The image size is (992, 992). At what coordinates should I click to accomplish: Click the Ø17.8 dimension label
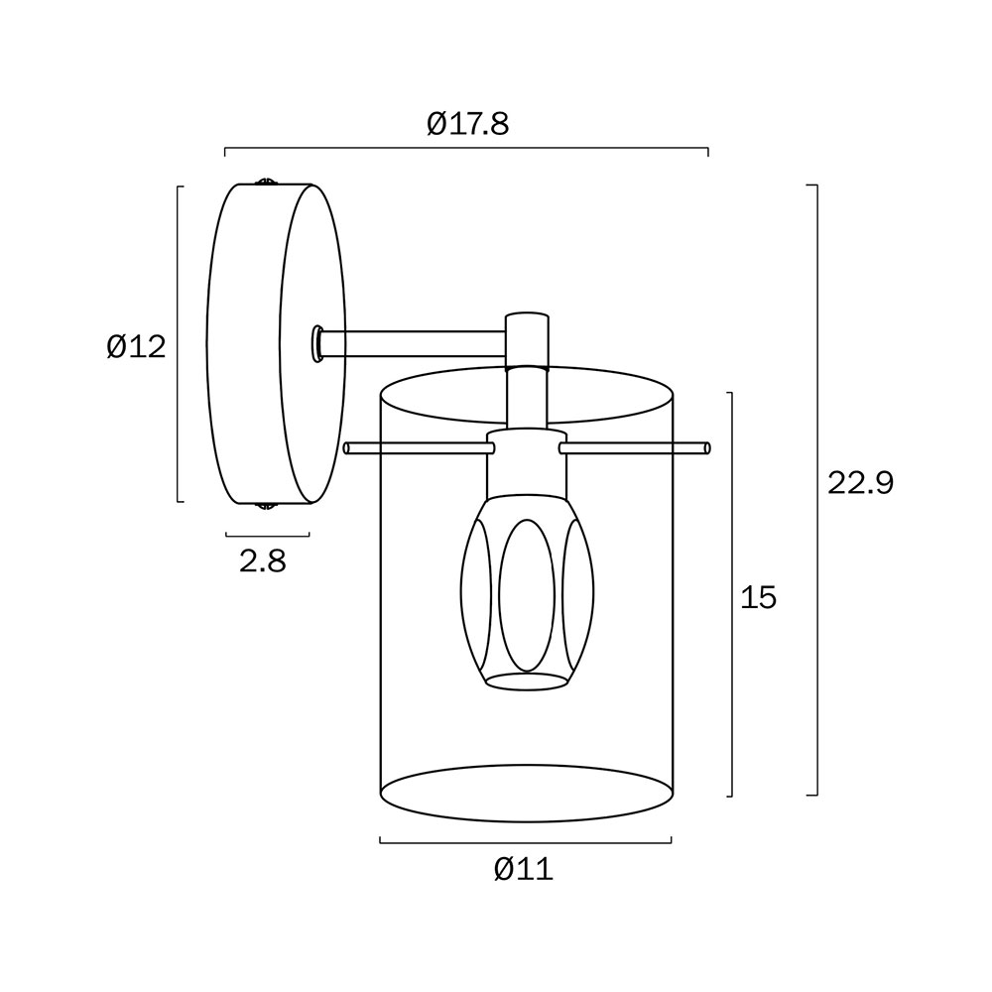tap(467, 124)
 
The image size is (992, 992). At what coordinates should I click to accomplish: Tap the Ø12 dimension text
tap(136, 346)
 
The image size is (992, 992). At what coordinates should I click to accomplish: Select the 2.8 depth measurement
tap(263, 560)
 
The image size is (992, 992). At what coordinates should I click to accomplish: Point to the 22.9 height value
tap(861, 483)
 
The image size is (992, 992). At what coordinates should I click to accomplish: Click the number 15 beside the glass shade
tap(758, 597)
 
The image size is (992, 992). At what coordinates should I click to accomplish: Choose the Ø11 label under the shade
tap(524, 869)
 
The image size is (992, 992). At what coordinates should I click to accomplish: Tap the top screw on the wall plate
tap(266, 183)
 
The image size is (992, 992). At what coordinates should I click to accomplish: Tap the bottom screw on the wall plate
tap(266, 506)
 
